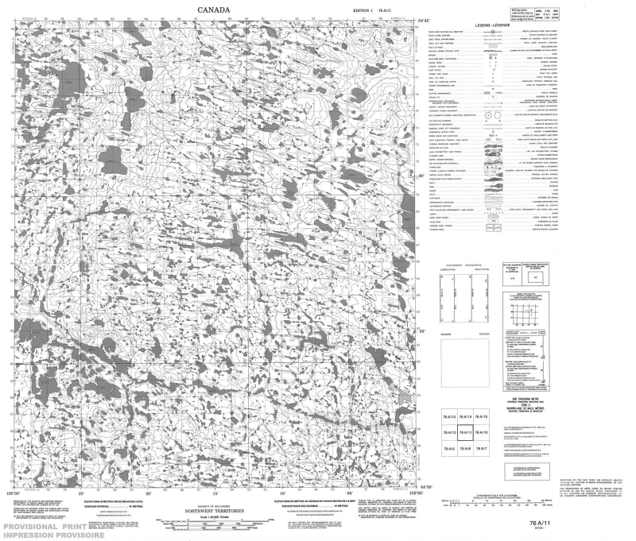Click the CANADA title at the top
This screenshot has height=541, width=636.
click(x=214, y=10)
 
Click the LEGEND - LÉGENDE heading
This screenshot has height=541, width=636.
click(x=493, y=27)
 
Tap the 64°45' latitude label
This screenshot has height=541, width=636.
click(x=425, y=21)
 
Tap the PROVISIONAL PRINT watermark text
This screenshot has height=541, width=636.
click(x=43, y=527)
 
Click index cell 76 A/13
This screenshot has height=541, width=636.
click(x=448, y=418)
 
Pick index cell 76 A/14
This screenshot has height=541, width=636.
click(x=467, y=418)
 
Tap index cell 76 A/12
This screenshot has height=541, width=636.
click(x=448, y=432)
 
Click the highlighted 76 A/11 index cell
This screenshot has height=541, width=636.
click(x=467, y=432)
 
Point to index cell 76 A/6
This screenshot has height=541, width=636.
click(x=467, y=449)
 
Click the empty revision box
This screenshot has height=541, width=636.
click(x=465, y=361)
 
